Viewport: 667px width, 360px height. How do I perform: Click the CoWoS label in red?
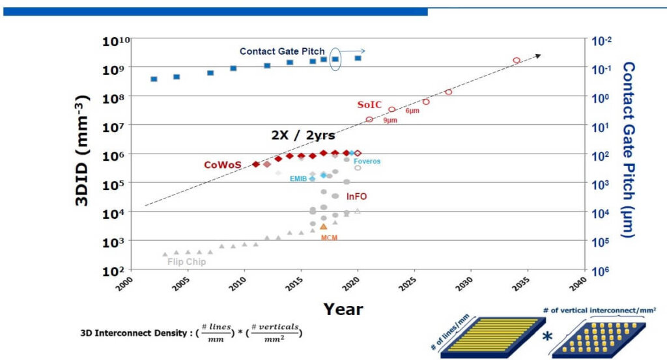click(222, 165)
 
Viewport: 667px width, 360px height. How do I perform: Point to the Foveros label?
click(367, 161)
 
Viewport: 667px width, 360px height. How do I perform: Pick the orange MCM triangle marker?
click(323, 227)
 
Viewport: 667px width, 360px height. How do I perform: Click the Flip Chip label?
click(187, 262)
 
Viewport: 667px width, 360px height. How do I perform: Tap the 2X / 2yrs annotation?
click(303, 135)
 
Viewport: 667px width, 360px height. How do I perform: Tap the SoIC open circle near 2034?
click(517, 61)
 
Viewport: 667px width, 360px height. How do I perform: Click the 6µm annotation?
click(412, 111)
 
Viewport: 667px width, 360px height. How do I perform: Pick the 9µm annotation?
click(391, 120)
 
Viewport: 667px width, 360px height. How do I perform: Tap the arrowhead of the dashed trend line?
click(538, 56)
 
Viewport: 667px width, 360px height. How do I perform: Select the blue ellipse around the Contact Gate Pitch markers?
click(335, 59)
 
